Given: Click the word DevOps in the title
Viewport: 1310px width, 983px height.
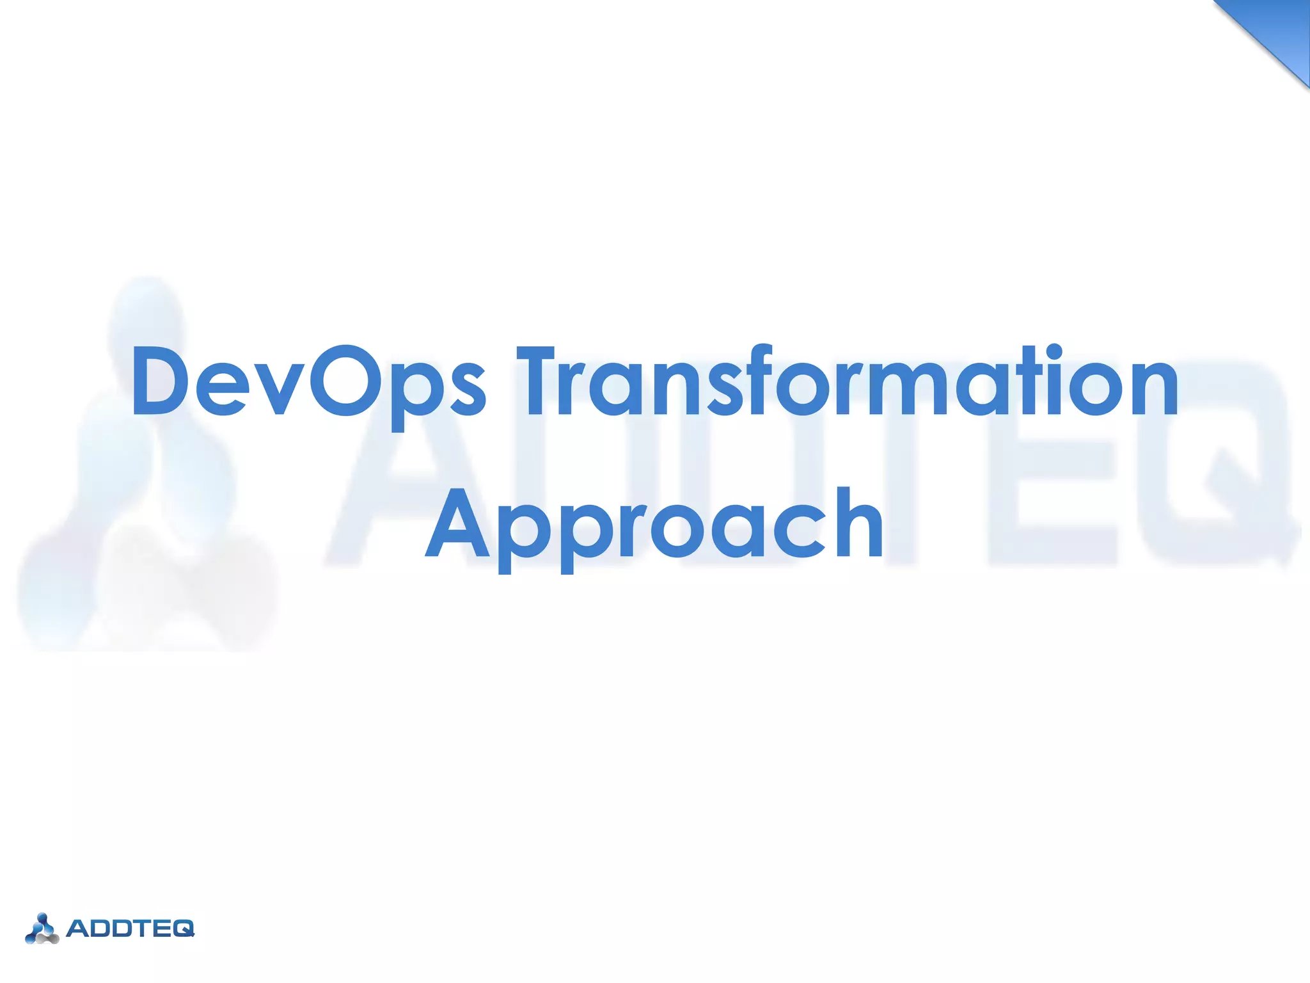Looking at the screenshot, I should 307,382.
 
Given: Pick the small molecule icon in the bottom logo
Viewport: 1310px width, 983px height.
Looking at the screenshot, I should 42,929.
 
